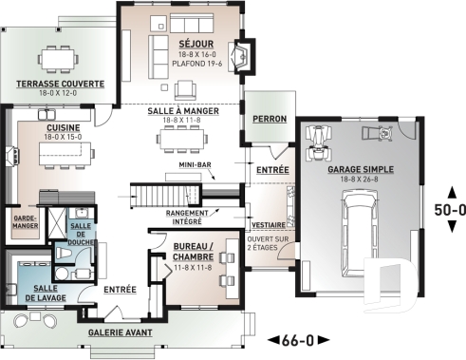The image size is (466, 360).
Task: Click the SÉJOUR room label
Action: coord(195,45)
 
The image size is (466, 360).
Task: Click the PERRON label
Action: coord(270,120)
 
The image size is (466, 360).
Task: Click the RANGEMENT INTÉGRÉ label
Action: coord(188,217)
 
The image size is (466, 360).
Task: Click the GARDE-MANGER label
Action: coord(24,220)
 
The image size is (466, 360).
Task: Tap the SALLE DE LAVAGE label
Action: coord(38,294)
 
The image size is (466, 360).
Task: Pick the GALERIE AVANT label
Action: coord(121,333)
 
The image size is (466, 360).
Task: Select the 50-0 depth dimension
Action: coord(449,210)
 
